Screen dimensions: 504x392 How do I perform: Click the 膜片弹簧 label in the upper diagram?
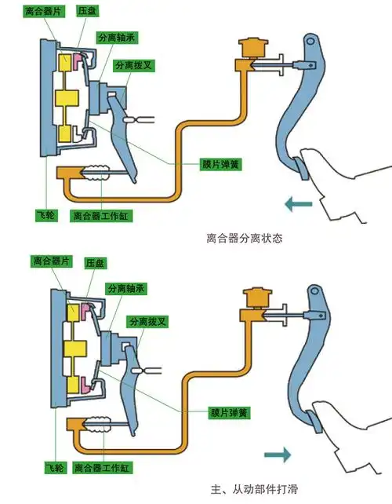(x=220, y=164)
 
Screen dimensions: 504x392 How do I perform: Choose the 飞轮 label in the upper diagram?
(x=48, y=214)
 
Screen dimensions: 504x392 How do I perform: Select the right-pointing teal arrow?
(x=276, y=454)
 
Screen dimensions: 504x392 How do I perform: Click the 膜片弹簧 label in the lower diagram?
(x=220, y=411)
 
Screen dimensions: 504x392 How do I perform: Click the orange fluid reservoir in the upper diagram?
(x=252, y=49)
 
